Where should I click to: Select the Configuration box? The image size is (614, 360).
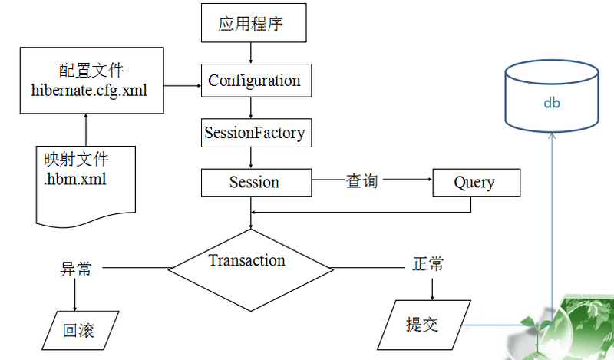click(254, 81)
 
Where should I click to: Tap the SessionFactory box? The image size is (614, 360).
click(254, 133)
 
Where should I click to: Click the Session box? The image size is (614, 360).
click(254, 183)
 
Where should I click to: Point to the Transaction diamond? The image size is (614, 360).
click(247, 265)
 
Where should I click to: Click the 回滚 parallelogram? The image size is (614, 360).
click(81, 330)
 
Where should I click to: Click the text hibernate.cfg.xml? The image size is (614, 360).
click(89, 90)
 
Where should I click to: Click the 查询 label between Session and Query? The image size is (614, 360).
click(362, 181)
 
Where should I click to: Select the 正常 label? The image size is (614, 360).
click(427, 266)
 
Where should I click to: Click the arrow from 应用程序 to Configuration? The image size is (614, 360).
click(252, 53)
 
